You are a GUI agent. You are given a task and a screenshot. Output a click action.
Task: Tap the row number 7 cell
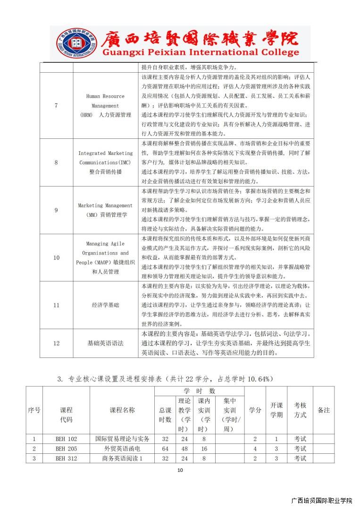(56, 105)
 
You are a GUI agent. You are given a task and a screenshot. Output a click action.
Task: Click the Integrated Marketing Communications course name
(105, 162)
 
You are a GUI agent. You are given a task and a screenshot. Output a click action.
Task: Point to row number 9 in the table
(56, 210)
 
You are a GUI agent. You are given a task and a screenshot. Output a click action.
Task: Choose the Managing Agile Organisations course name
(105, 258)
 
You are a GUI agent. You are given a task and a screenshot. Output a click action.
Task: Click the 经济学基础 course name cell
(105, 305)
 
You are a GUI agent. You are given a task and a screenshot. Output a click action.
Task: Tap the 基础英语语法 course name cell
(105, 343)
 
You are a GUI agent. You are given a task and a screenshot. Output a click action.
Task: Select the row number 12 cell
(56, 343)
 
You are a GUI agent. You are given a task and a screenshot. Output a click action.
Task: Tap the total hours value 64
(165, 449)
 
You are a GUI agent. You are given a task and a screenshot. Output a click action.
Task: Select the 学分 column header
(255, 410)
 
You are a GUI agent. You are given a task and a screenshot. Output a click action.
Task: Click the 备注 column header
(323, 410)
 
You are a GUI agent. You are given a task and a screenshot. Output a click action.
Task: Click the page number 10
(180, 470)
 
